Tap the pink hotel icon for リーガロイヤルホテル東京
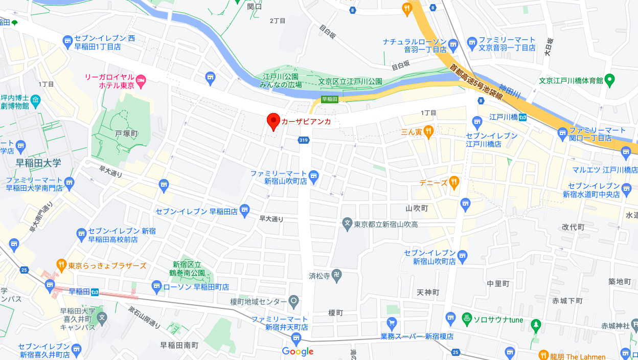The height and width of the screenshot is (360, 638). point(142,80)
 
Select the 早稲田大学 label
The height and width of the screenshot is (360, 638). point(39,163)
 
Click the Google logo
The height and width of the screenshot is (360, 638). point(298,351)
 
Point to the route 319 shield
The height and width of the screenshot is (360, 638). point(304,140)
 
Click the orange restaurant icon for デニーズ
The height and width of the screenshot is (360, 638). point(454,182)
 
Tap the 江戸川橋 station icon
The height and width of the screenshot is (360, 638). point(522,117)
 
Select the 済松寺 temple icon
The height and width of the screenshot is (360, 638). point(335,275)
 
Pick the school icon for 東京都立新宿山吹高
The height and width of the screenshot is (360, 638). point(347,223)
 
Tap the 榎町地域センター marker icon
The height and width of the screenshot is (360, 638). point(294,301)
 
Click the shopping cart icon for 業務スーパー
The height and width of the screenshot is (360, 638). point(392,323)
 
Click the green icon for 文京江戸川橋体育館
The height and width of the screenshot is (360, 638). point(609,80)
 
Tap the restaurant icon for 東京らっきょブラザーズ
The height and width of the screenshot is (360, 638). point(61,265)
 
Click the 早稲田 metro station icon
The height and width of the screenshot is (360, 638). point(95,291)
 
